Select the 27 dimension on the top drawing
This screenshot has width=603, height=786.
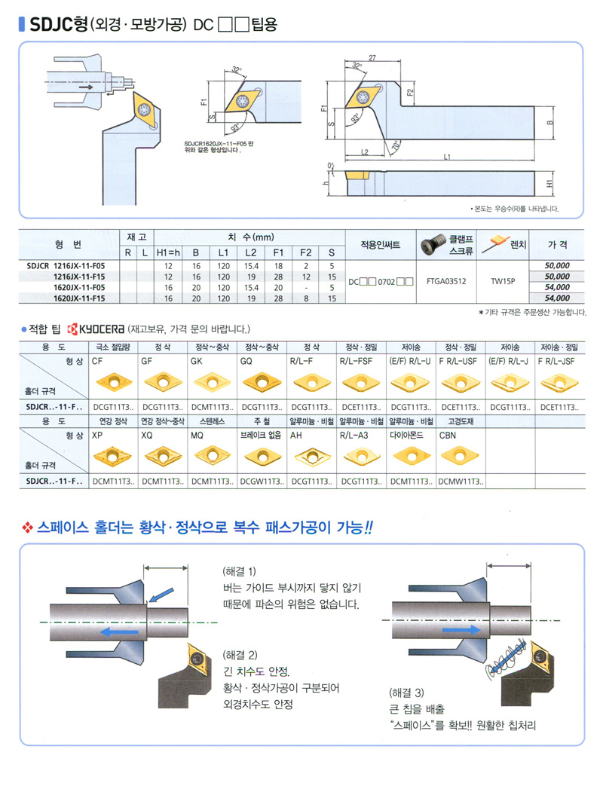[372, 57]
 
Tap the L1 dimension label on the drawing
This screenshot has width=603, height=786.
[446, 157]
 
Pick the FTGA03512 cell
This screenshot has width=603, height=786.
[446, 281]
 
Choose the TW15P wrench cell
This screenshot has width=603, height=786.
[503, 281]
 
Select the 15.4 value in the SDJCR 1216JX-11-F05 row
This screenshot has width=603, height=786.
[251, 266]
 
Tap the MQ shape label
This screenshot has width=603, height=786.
[197, 436]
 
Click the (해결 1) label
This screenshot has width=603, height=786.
[240, 570]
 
